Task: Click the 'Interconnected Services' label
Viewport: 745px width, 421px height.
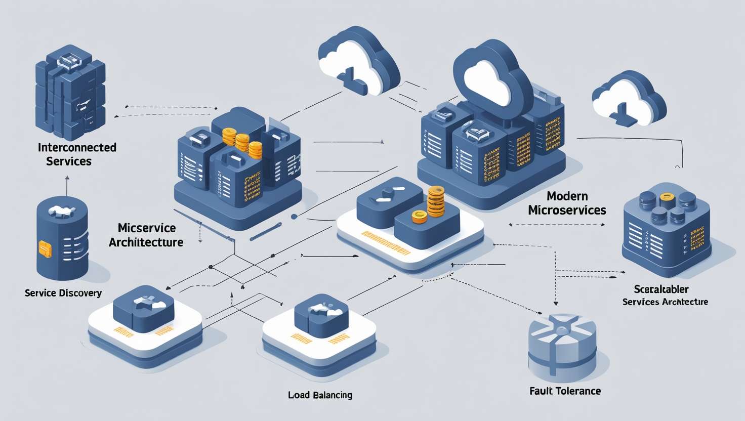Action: coord(77,154)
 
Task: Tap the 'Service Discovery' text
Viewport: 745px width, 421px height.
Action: coord(63,293)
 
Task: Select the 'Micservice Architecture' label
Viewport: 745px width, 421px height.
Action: coord(146,235)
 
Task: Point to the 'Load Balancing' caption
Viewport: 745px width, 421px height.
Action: coord(320,395)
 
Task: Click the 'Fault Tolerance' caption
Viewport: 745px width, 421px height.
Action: coord(565,391)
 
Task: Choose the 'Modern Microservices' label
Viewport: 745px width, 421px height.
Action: coord(567,203)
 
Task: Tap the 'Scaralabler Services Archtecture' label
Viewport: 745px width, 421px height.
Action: coord(665,295)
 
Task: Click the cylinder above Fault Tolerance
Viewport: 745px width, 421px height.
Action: coord(562,347)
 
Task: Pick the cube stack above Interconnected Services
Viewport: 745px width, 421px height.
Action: coord(70,96)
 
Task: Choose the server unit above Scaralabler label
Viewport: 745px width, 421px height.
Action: coord(666,228)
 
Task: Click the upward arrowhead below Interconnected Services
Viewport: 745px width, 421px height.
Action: coord(67,178)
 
